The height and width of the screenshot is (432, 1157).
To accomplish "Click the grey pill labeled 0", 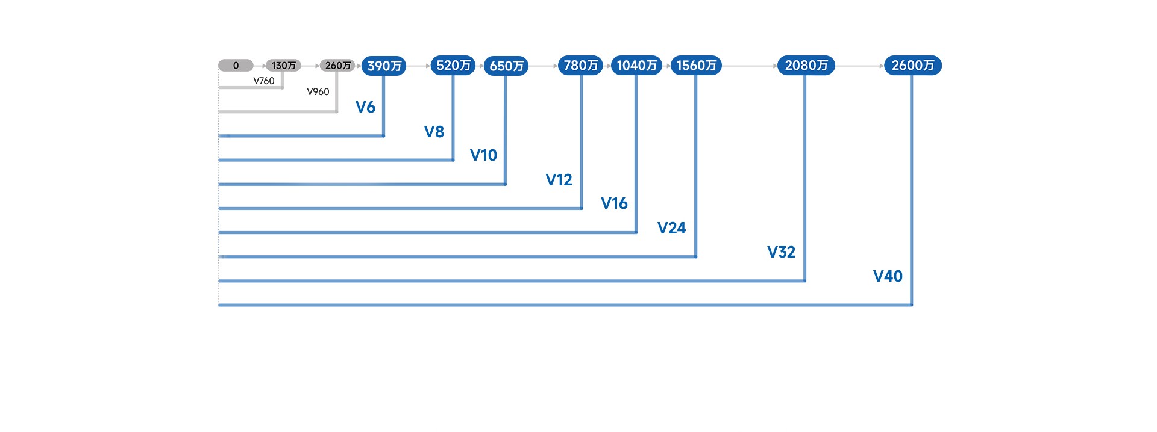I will coord(236,66).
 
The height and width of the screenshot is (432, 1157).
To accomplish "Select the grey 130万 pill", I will coord(283,66).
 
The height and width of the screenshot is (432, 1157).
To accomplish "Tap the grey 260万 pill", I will coord(337,66).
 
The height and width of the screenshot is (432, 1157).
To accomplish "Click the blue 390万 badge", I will coord(384,66).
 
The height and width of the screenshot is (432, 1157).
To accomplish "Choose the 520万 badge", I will coord(453,65).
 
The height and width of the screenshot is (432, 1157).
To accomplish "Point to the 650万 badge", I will coord(506,66).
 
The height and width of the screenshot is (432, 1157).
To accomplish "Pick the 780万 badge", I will coord(580,65).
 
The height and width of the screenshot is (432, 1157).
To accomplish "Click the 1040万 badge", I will coord(636,65).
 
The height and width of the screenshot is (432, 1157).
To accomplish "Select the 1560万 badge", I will coord(696,65).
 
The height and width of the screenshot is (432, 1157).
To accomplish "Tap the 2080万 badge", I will coord(806,65).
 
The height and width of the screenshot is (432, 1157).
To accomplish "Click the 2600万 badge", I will coord(912,65).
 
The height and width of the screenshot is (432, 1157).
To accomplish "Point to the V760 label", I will coord(264,81).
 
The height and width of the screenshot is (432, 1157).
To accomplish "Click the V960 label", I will coord(318,91).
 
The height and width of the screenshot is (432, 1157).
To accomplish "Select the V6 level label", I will coord(365,107).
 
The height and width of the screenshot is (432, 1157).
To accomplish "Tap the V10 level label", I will coord(483,155).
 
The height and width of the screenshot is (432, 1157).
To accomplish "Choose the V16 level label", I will coord(614,203).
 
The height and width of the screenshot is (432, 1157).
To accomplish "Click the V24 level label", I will coord(671,228).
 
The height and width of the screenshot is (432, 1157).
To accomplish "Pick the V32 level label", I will coord(781,252).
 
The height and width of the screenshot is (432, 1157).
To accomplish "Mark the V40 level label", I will coord(888,276).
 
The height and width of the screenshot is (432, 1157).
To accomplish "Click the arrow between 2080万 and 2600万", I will coord(859,66).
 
